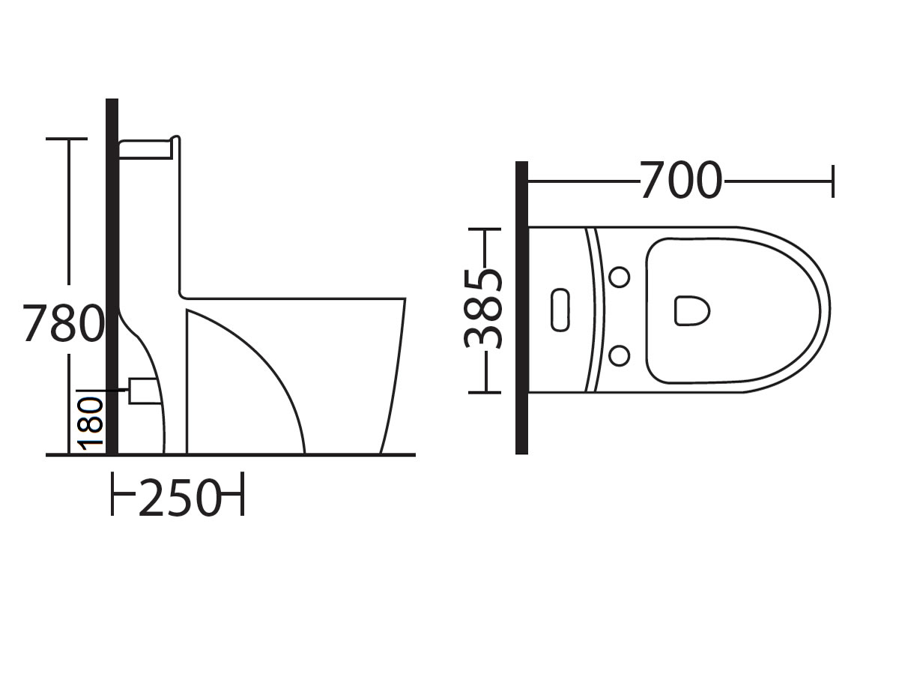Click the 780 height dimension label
click(63, 323)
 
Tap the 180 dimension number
click(92, 424)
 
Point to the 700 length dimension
click(680, 181)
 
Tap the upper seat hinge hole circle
click(619, 277)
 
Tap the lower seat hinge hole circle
click(619, 355)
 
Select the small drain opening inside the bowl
click(691, 310)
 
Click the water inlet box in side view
click(143, 391)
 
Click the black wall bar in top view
click(522, 307)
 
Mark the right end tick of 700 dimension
click(832, 181)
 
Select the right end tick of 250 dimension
click(242, 494)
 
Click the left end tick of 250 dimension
click(113, 494)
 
